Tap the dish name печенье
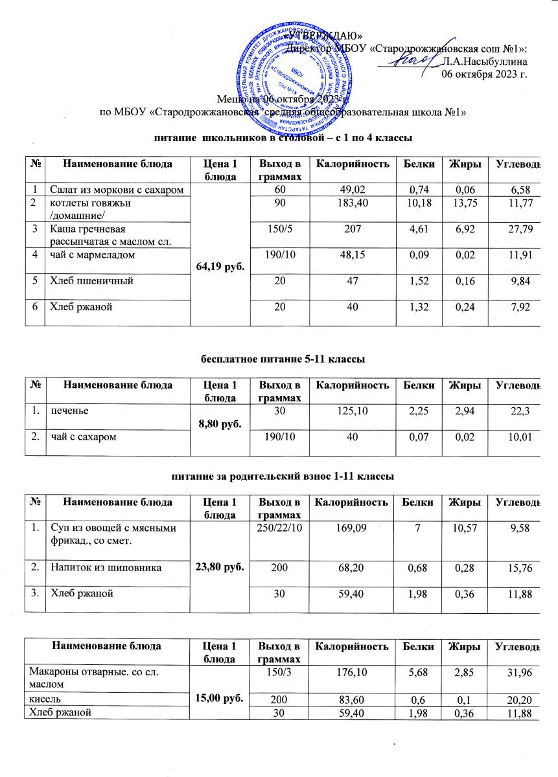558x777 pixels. (x=67, y=411)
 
